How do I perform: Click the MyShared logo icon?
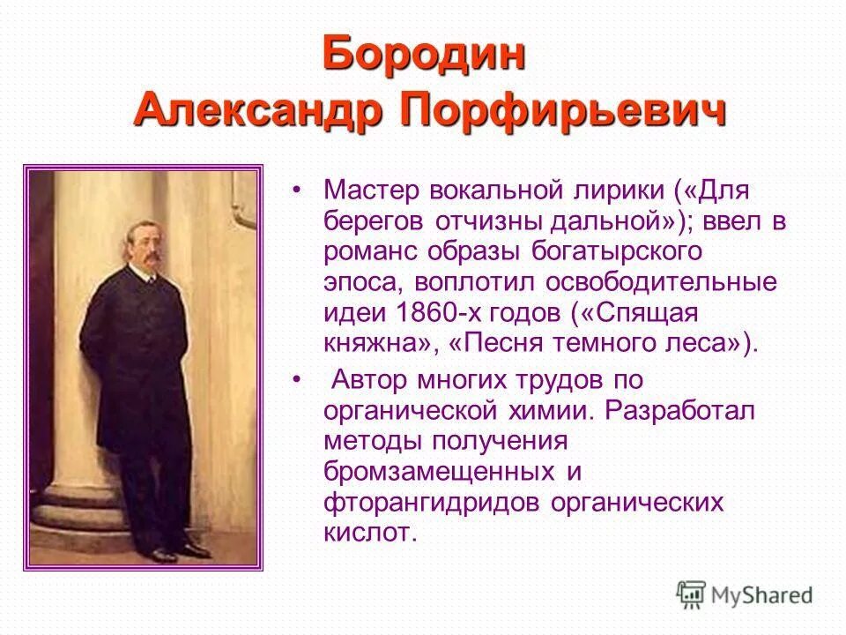[x=691, y=595]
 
